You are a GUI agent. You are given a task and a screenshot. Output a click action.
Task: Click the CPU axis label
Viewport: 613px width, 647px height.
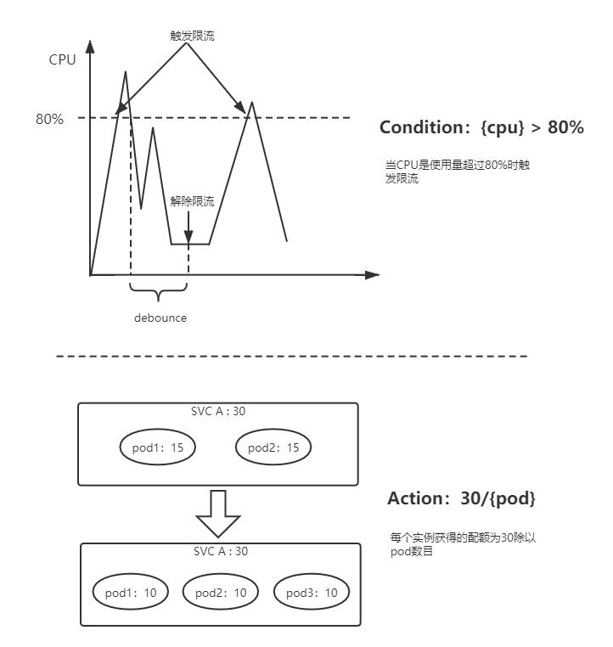pyautogui.click(x=62, y=59)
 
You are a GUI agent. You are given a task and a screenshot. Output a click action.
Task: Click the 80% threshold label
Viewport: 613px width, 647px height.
pyautogui.click(x=49, y=119)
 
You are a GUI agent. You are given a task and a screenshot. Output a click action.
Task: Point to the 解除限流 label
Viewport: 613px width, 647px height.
pyautogui.click(x=192, y=201)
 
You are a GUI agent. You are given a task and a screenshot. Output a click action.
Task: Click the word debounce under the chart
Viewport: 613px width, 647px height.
pyautogui.click(x=160, y=318)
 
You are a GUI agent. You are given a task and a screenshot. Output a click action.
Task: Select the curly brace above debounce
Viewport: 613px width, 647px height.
pyautogui.click(x=159, y=293)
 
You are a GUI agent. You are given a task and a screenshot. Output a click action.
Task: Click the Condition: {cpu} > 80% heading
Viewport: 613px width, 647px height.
pyautogui.click(x=481, y=128)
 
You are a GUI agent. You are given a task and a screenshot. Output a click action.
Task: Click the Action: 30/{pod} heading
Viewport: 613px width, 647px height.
pyautogui.click(x=461, y=499)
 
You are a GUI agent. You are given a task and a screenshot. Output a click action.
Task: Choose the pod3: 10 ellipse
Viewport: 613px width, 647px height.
pyautogui.click(x=311, y=592)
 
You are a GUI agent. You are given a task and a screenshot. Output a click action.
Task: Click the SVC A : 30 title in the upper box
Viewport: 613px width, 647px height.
pyautogui.click(x=218, y=412)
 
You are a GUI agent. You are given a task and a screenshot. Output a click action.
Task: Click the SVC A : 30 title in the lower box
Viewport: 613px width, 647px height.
pyautogui.click(x=218, y=552)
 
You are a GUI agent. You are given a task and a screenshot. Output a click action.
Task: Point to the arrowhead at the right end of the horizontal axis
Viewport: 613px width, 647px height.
pyautogui.click(x=371, y=275)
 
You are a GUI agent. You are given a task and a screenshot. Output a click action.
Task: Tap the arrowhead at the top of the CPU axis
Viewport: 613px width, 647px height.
pyautogui.click(x=89, y=47)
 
